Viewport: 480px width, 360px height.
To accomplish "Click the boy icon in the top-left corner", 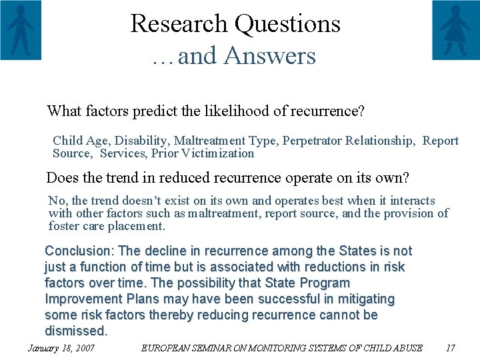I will (21, 30).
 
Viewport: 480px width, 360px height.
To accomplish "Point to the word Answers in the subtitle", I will (269, 56).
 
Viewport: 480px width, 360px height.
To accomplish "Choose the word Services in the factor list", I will (123, 153).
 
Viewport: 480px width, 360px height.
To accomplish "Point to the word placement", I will (139, 226).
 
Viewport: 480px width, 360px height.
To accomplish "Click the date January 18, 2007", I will (61, 348).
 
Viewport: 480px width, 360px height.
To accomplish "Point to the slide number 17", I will (450, 348).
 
